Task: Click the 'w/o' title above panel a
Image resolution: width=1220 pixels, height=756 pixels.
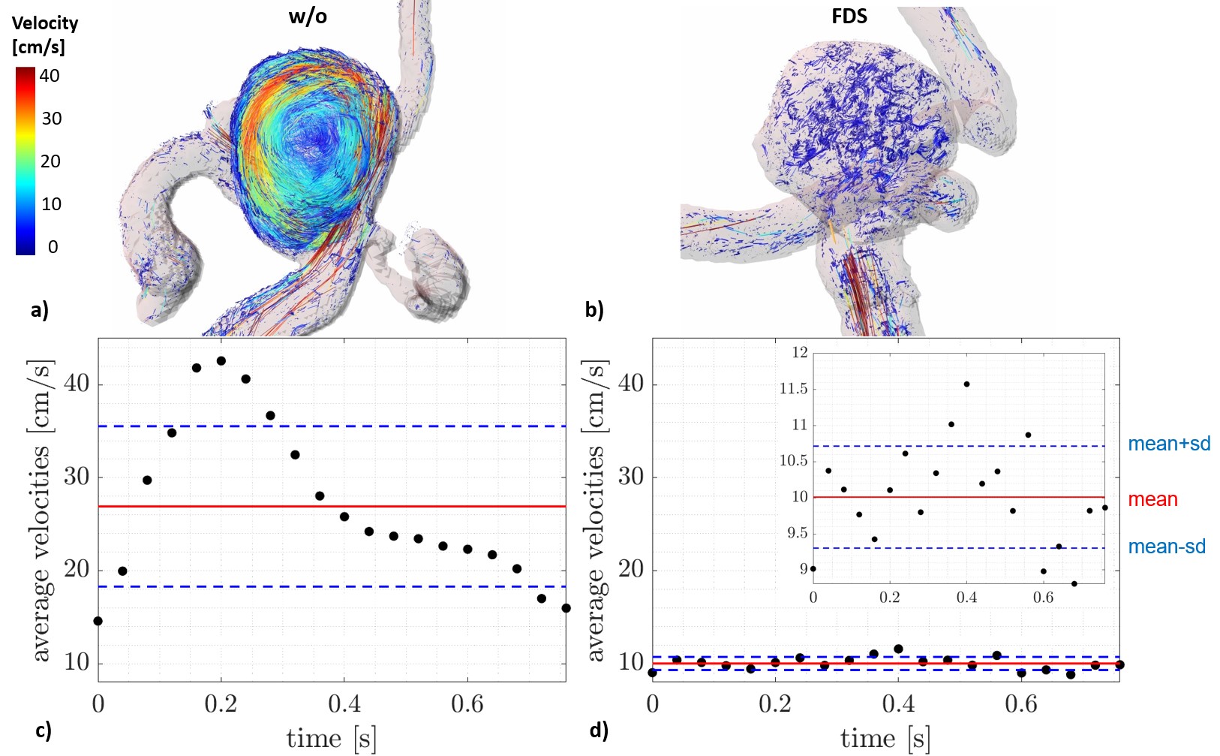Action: tap(308, 17)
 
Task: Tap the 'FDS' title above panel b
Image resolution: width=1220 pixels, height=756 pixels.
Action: tap(849, 17)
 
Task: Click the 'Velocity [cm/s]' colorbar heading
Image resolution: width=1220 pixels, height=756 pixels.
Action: tap(45, 35)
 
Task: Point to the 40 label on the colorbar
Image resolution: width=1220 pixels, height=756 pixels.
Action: tap(50, 76)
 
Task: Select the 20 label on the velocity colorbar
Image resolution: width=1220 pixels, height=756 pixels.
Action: tap(50, 161)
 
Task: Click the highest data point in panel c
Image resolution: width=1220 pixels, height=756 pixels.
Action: tap(221, 361)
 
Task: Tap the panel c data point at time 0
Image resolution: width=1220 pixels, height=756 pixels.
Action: tap(98, 621)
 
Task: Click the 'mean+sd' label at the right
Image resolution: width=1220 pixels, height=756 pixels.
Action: tap(1169, 444)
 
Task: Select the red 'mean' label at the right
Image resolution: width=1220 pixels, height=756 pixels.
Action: tap(1152, 499)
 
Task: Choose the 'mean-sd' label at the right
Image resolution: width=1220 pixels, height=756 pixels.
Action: tap(1167, 547)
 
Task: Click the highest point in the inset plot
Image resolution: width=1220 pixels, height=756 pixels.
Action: tap(966, 384)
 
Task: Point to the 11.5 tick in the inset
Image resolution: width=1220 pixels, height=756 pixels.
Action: tap(794, 388)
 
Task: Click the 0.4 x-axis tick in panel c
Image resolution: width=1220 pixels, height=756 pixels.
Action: tap(344, 704)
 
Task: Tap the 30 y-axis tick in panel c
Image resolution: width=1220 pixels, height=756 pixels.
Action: tap(77, 477)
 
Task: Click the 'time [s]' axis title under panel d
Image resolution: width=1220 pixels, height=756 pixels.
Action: tap(885, 739)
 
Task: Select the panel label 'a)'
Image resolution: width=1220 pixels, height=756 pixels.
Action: tap(40, 309)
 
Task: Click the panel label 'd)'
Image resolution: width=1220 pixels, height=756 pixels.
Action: tap(599, 730)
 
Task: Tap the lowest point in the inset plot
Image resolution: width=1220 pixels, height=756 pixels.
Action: tap(1074, 583)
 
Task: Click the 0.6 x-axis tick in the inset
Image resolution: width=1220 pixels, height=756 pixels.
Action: tap(1043, 598)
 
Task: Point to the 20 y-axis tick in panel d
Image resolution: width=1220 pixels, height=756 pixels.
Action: tap(631, 569)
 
